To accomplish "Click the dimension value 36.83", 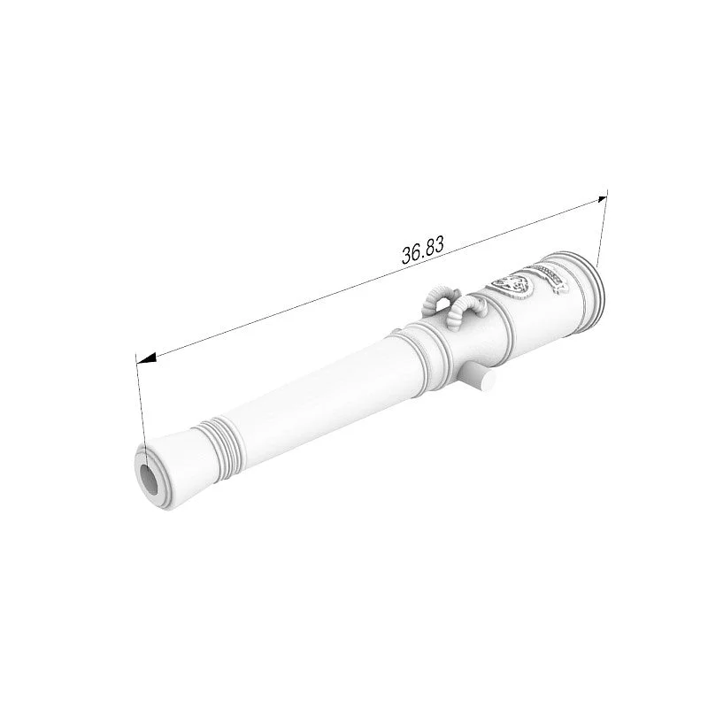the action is [x=423, y=249].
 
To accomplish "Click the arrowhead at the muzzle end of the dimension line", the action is [x=146, y=358].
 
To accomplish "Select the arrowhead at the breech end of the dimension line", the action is [x=603, y=199].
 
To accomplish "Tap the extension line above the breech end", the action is [x=603, y=228].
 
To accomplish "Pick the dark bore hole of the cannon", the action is [x=149, y=479].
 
